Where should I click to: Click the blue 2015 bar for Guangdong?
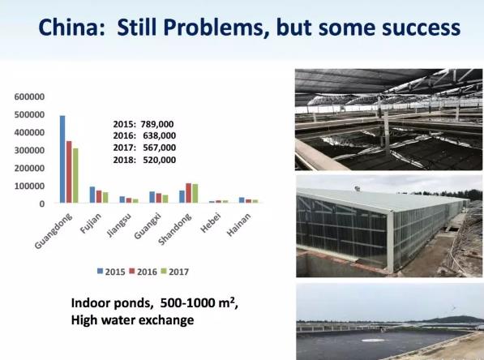coord(62,159)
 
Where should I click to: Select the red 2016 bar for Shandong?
coord(189,193)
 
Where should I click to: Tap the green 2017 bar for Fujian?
coord(105,198)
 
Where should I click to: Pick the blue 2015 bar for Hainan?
coord(242,200)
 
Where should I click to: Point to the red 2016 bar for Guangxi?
coord(159,198)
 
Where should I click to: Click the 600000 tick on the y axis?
coord(29,96)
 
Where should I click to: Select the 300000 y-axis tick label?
coord(29,150)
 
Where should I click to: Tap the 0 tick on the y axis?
coord(41,204)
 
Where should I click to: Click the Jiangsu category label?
coord(119,225)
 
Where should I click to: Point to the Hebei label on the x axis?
coord(211,223)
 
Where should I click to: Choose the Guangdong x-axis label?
coord(54,230)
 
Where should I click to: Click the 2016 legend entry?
coord(143,272)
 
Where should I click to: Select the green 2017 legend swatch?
coord(164,272)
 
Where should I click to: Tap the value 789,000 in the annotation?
coord(157,124)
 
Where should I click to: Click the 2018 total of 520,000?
coord(159,160)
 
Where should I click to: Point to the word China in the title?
coord(71,28)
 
